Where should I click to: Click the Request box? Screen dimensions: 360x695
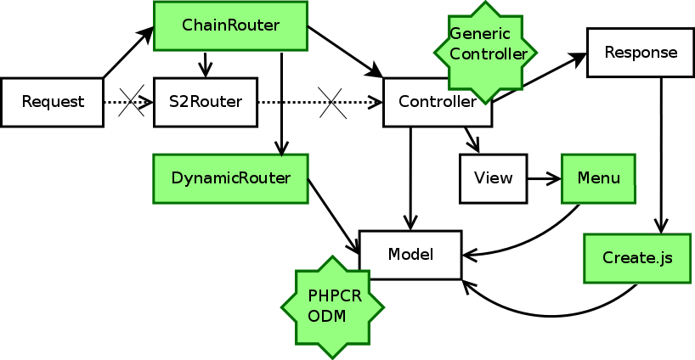tap(52, 103)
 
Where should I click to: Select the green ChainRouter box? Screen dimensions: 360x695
tap(230, 25)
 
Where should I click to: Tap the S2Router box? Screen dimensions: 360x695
tap(205, 103)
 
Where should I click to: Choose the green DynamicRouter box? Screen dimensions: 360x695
tap(230, 178)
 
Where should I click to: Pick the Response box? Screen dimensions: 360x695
tap(641, 53)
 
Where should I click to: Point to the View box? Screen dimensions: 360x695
tap(493, 178)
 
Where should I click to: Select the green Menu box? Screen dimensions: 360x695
tap(598, 178)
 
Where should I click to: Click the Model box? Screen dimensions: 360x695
tap(410, 255)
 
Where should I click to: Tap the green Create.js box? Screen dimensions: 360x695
tap(636, 258)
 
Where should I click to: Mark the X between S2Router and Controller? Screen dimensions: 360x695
tap(332, 103)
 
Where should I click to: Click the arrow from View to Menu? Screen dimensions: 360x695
tap(544, 178)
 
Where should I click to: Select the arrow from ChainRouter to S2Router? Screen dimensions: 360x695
tap(205, 64)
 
